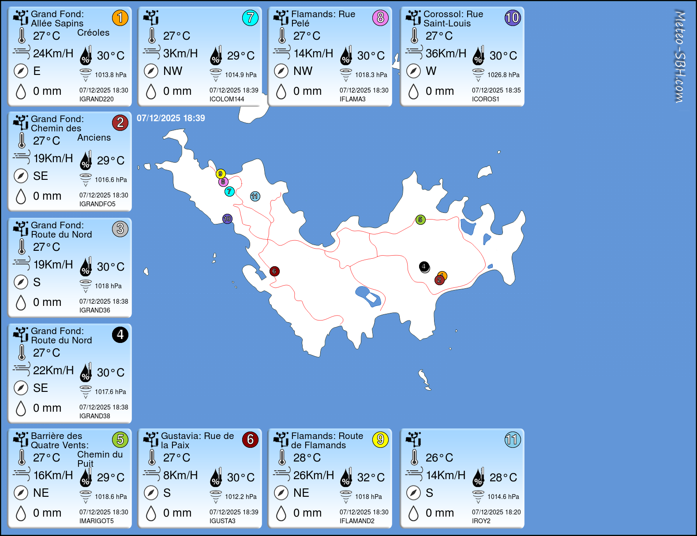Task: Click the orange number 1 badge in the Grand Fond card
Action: point(120,18)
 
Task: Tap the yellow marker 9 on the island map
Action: point(221,174)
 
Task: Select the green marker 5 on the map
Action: point(420,220)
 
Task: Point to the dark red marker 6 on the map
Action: point(274,271)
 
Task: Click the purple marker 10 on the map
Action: point(227,219)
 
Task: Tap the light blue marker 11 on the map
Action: point(255,197)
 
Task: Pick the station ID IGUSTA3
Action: point(222,521)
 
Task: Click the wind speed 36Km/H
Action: point(446,53)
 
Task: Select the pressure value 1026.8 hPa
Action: point(503,75)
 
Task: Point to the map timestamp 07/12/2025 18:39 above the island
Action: point(171,118)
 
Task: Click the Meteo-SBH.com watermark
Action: point(680,56)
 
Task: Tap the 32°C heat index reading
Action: point(371,477)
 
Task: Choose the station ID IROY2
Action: point(481,521)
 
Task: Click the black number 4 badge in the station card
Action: point(120,335)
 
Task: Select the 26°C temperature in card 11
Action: point(439,458)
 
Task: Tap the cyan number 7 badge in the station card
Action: point(250,18)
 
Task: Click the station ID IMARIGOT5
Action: point(96,521)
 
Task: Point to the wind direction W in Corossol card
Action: point(431,71)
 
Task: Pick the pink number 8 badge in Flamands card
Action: point(380,18)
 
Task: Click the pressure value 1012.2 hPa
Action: point(240,497)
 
